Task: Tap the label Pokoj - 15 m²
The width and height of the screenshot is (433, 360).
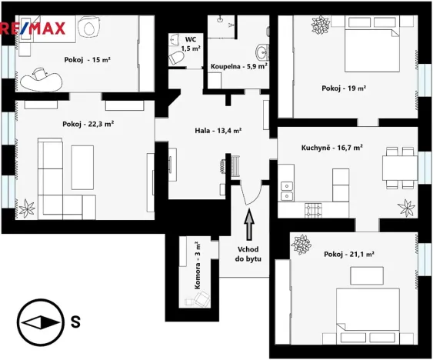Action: pyautogui.click(x=88, y=58)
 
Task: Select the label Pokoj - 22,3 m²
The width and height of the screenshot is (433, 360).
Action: pyautogui.click(x=88, y=123)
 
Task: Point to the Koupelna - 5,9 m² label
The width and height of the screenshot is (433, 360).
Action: pyautogui.click(x=239, y=66)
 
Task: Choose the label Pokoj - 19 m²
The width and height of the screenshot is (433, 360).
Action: pyautogui.click(x=343, y=88)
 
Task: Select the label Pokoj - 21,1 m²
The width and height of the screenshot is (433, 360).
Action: pyautogui.click(x=348, y=254)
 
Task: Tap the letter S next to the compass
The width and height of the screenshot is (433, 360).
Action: pyautogui.click(x=75, y=322)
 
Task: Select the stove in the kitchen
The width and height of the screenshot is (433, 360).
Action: pyautogui.click(x=313, y=208)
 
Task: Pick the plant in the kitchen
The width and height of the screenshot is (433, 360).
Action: pyautogui.click(x=405, y=207)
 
